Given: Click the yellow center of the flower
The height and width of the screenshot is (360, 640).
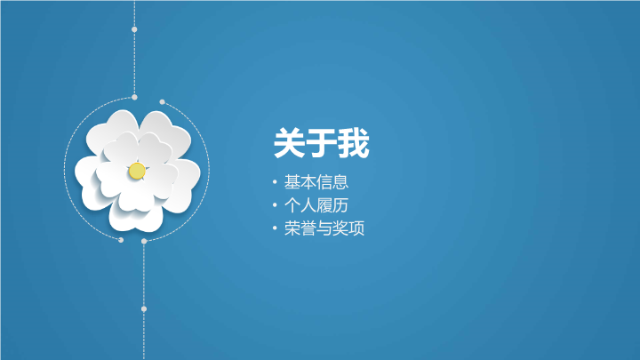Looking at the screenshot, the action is click(137, 171).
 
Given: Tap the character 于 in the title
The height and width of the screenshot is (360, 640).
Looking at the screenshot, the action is click(321, 143).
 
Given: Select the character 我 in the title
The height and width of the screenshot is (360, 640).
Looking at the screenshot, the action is click(354, 143).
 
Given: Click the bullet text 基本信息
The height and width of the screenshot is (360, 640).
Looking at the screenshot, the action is click(316, 182).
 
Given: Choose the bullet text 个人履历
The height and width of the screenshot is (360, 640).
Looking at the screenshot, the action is click(316, 205).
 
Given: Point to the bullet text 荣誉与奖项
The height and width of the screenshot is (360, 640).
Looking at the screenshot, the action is click(324, 228).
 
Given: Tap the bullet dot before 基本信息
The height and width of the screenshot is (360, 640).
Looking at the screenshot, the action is click(275, 182).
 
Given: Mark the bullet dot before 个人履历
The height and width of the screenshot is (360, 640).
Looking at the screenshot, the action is click(275, 205).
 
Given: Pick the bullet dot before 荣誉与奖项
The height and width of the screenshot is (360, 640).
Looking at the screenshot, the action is click(275, 228).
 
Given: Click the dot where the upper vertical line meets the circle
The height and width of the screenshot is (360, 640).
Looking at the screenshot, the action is click(134, 97).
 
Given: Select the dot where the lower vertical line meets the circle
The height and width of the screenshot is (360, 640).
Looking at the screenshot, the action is click(144, 241).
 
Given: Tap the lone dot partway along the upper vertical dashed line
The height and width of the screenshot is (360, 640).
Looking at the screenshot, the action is click(134, 29).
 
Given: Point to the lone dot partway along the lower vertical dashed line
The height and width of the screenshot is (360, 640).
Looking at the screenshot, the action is click(144, 309).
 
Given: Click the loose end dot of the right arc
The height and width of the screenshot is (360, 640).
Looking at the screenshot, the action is click(162, 101).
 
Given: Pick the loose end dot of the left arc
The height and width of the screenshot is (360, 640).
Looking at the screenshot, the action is click(121, 240).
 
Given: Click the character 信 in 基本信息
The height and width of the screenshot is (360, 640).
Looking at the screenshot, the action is click(324, 182).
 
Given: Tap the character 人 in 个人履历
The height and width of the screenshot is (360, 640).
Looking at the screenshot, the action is click(308, 205).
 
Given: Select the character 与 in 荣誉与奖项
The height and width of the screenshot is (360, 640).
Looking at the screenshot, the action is click(324, 228).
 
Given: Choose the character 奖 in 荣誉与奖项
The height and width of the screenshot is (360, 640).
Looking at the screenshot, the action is click(340, 228).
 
